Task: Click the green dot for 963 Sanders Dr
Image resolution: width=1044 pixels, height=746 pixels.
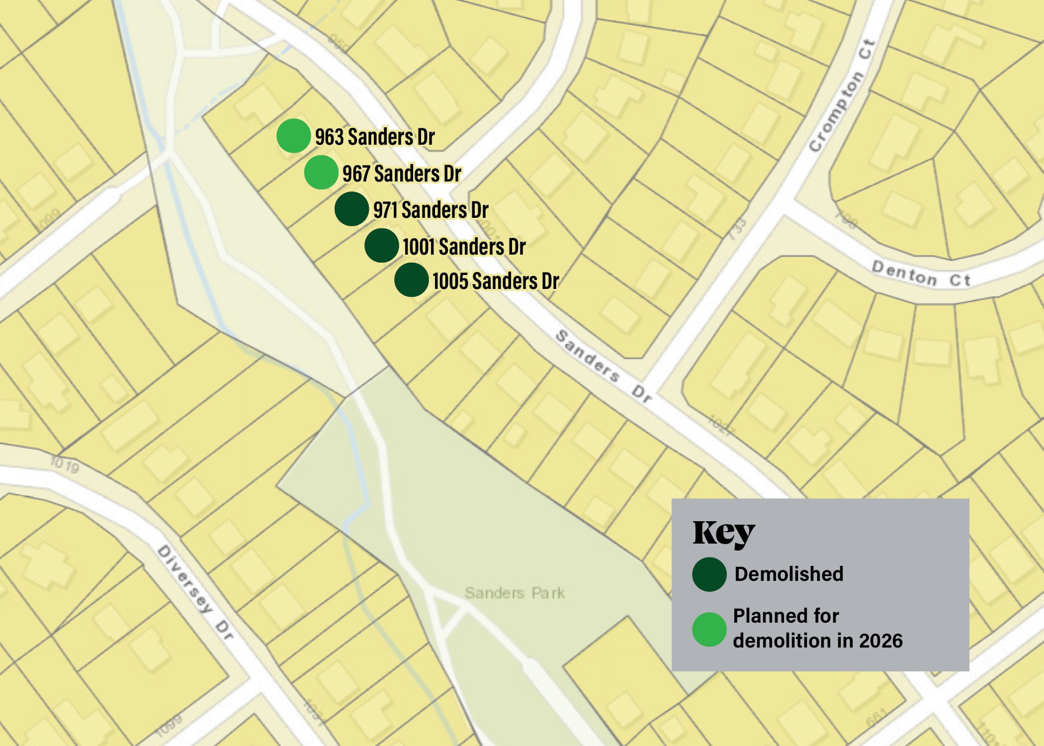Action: click(x=294, y=136)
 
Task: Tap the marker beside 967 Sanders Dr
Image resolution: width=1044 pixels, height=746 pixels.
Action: click(x=321, y=172)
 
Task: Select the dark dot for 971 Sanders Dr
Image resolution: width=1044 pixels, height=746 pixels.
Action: click(x=351, y=209)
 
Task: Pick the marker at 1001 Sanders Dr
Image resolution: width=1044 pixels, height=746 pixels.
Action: click(x=381, y=245)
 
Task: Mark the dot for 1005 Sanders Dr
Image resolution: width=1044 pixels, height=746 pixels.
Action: click(x=411, y=280)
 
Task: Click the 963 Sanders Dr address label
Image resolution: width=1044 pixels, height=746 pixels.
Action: click(x=375, y=137)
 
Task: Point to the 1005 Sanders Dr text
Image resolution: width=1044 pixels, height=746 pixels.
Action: click(x=496, y=281)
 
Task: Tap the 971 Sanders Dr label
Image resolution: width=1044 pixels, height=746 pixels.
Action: click(x=431, y=210)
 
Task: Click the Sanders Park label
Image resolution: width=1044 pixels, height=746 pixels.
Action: click(x=515, y=593)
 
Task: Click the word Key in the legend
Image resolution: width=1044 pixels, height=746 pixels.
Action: click(x=724, y=534)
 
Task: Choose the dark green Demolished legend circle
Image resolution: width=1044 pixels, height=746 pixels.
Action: click(x=709, y=574)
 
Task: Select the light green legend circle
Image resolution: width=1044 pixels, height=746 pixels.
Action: click(x=709, y=629)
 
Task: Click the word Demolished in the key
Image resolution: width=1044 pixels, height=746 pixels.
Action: click(x=789, y=574)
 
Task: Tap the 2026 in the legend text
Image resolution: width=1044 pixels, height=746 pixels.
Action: click(x=880, y=641)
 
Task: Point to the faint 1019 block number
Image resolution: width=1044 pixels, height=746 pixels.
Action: click(x=64, y=465)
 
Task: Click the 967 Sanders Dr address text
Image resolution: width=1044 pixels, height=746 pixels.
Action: click(x=402, y=174)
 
